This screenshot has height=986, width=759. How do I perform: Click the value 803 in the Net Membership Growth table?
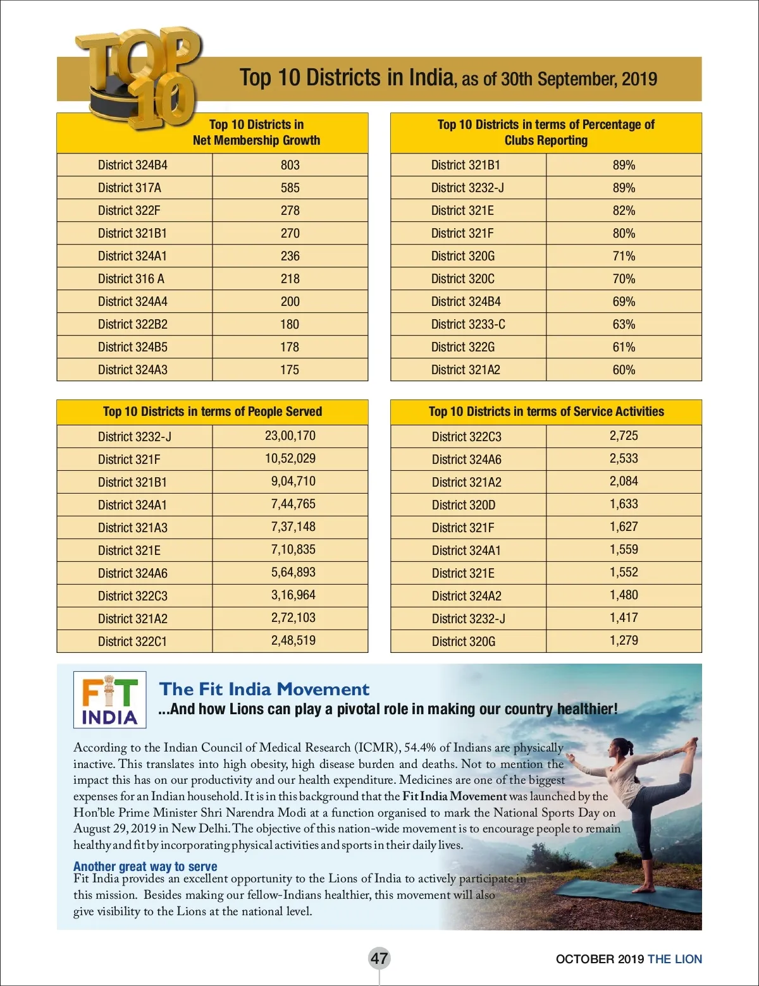(x=290, y=165)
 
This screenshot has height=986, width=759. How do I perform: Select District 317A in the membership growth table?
(x=130, y=188)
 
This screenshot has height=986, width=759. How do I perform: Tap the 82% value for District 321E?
(x=624, y=210)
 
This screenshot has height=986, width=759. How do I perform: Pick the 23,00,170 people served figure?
(x=290, y=435)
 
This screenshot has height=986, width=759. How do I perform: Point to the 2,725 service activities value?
(x=624, y=435)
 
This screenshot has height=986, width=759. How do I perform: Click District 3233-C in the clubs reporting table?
(x=468, y=324)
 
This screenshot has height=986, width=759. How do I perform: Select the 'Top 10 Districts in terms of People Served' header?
(x=213, y=411)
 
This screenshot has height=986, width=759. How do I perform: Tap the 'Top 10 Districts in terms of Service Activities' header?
(x=546, y=411)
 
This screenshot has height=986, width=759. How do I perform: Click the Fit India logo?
(x=109, y=700)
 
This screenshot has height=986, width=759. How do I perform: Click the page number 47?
(x=379, y=958)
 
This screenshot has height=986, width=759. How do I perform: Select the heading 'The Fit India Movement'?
(x=264, y=689)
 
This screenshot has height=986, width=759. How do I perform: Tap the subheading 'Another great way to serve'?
(x=145, y=866)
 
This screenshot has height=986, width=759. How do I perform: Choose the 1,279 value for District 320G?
(x=624, y=640)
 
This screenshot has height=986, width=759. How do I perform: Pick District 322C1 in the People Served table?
(x=132, y=642)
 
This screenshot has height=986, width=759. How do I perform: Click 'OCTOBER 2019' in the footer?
(x=600, y=959)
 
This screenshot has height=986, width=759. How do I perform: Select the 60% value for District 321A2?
(x=624, y=370)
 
